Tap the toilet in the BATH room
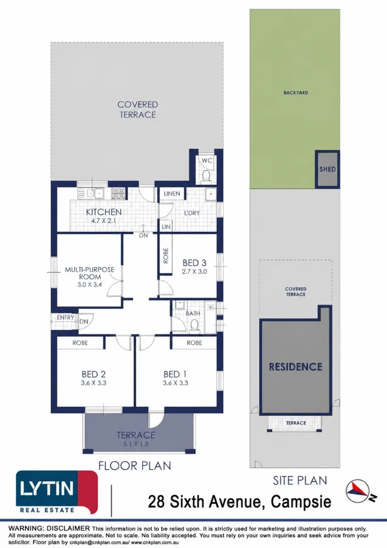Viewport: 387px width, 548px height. coord(194,326)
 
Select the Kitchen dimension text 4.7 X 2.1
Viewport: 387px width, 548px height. coord(103,221)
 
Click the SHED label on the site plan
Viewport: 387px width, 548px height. coord(327,169)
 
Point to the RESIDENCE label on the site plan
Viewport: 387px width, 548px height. coord(296,367)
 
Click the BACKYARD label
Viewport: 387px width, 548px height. coord(296,93)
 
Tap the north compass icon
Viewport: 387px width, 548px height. coord(360,492)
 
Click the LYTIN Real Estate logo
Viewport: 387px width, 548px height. coord(57,492)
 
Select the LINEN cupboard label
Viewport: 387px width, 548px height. coord(172,194)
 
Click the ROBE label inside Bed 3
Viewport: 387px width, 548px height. coord(166,255)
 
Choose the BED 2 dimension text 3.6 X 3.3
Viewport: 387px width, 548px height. coord(94,383)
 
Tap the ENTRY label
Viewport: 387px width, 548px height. coord(66,317)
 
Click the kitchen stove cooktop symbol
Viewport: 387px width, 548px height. coord(118,194)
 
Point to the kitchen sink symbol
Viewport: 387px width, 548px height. coord(95,193)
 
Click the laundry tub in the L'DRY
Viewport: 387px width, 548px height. coord(211,194)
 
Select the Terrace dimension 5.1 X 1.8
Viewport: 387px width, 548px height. coord(135,444)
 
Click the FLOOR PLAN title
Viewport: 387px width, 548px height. coord(135,466)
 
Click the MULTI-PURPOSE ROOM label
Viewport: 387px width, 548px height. coord(89,273)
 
